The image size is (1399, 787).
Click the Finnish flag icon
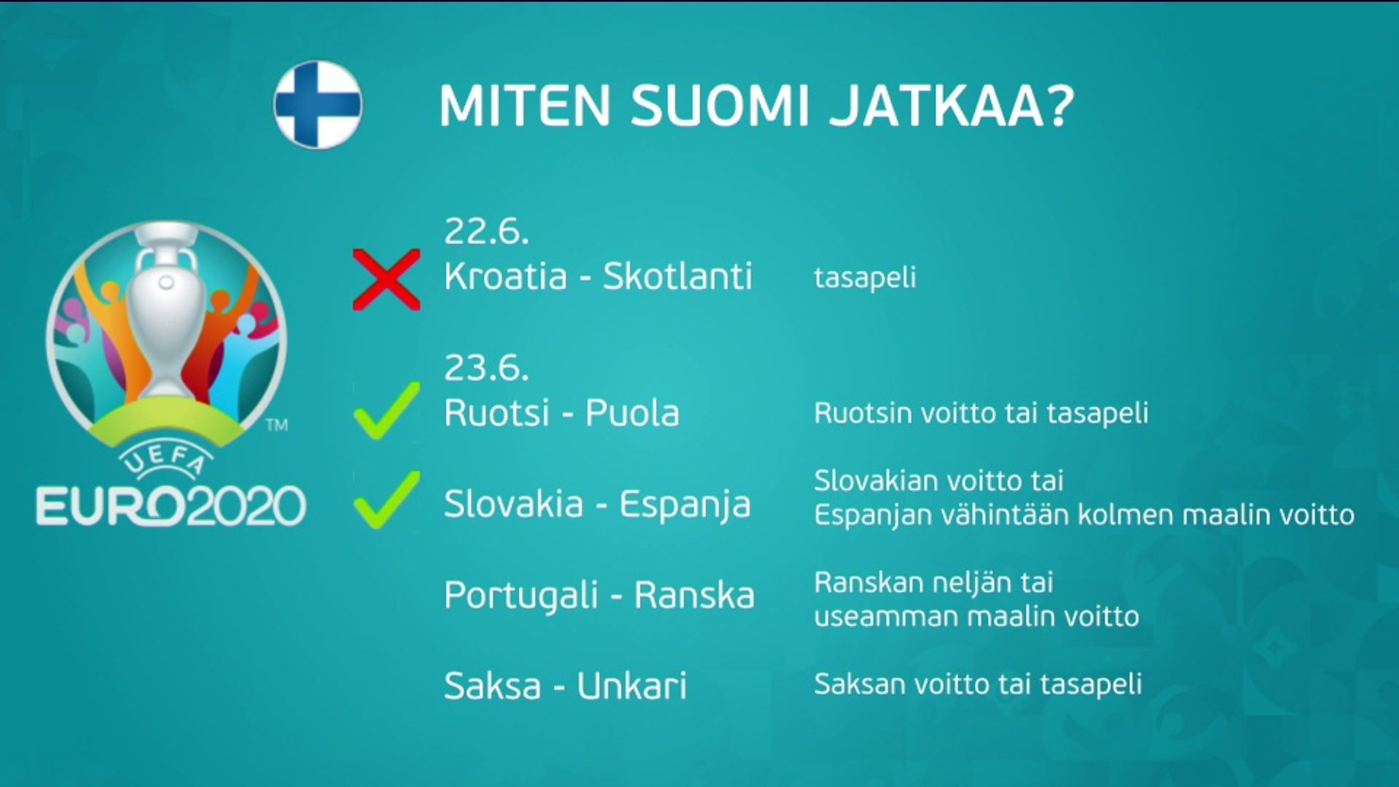pos(318,105)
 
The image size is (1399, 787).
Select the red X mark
pos(386,280)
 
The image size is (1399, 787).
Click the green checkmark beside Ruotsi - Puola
pos(386,411)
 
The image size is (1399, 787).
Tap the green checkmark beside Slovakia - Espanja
pos(386,500)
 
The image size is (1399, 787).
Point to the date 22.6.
pos(486,232)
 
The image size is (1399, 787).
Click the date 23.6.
pos(486,368)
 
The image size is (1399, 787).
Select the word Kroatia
pos(506,276)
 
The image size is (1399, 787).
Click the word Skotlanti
pos(678,276)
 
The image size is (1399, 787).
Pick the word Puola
pos(632,413)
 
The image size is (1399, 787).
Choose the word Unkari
pos(632,686)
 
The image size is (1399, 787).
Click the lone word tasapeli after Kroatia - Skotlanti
pos(865,278)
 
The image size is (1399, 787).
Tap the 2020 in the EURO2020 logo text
pos(246,506)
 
